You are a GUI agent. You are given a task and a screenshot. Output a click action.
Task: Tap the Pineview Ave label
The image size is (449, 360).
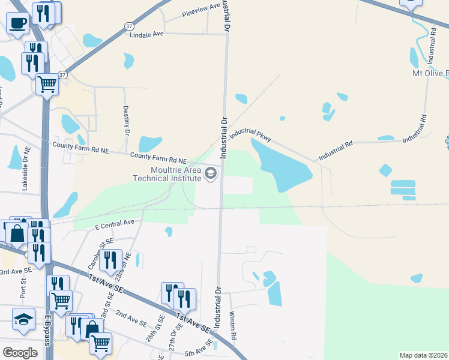tap(202, 11)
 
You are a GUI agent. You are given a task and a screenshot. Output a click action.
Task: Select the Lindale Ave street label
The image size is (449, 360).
tap(147, 35)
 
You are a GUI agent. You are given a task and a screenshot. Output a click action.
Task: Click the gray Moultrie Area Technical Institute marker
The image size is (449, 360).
tap(211, 174)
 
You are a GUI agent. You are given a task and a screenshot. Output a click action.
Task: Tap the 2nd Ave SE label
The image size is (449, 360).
tap(131, 319)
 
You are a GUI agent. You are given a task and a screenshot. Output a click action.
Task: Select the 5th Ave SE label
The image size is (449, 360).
tap(199, 349)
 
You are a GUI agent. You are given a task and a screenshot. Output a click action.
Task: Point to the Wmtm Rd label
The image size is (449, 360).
tap(233, 325)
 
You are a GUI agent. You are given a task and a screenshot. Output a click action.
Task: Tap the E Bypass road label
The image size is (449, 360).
tap(47, 332)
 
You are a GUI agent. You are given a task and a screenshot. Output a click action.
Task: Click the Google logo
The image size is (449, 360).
tap(20, 352)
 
